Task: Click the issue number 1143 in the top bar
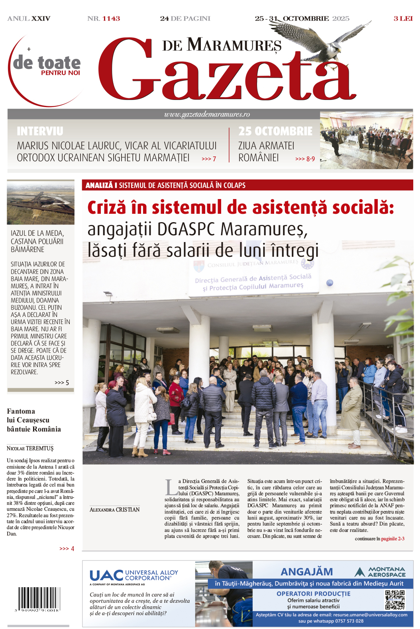click(x=111, y=19)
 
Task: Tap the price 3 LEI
click(x=403, y=19)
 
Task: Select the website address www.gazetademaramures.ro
click(x=207, y=114)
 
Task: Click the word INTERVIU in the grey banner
click(x=40, y=131)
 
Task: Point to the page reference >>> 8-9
click(x=305, y=159)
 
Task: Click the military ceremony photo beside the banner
click(x=366, y=141)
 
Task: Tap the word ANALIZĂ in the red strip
click(x=99, y=186)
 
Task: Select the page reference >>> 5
click(x=62, y=383)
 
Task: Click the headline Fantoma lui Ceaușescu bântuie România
click(x=34, y=420)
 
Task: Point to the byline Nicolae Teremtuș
click(x=30, y=448)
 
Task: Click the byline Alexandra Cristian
click(x=114, y=510)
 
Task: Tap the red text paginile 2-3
click(x=393, y=539)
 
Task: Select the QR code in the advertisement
click(x=394, y=600)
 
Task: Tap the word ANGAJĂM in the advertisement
click(x=306, y=572)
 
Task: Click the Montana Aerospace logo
click(x=380, y=572)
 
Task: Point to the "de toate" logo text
click(x=47, y=63)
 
